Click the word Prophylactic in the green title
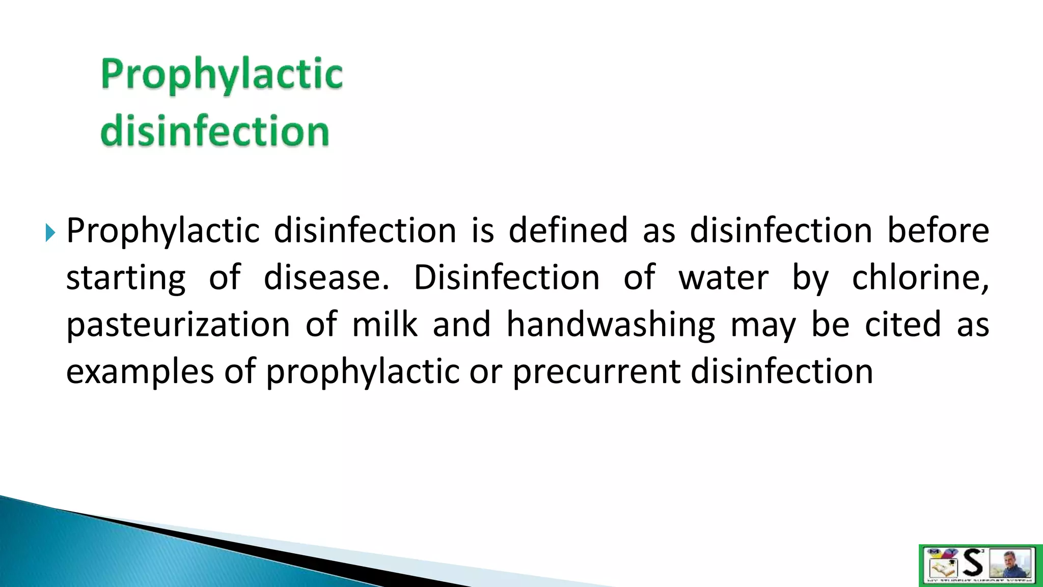(222, 75)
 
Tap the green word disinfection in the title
(214, 131)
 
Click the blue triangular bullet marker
(49, 232)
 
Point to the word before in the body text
(938, 230)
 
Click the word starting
(126, 278)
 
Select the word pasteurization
(178, 325)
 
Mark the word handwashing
(611, 325)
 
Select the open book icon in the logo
(942, 567)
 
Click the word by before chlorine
(810, 278)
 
